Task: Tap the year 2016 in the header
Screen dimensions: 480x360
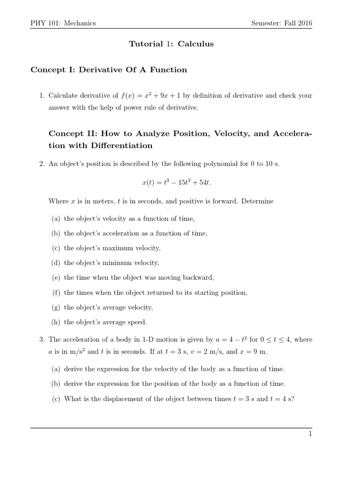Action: coord(304,23)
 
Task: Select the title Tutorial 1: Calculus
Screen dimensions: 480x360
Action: coord(171,44)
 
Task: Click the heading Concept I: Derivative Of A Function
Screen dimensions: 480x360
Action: coord(109,70)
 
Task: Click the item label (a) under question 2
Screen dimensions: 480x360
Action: coord(56,218)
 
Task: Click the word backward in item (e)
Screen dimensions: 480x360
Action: coord(198,277)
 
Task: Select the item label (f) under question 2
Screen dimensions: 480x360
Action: coord(56,292)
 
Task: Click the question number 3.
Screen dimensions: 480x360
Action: coord(42,339)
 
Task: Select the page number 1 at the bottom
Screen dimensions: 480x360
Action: coord(310,434)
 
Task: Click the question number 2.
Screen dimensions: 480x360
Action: coord(42,164)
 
